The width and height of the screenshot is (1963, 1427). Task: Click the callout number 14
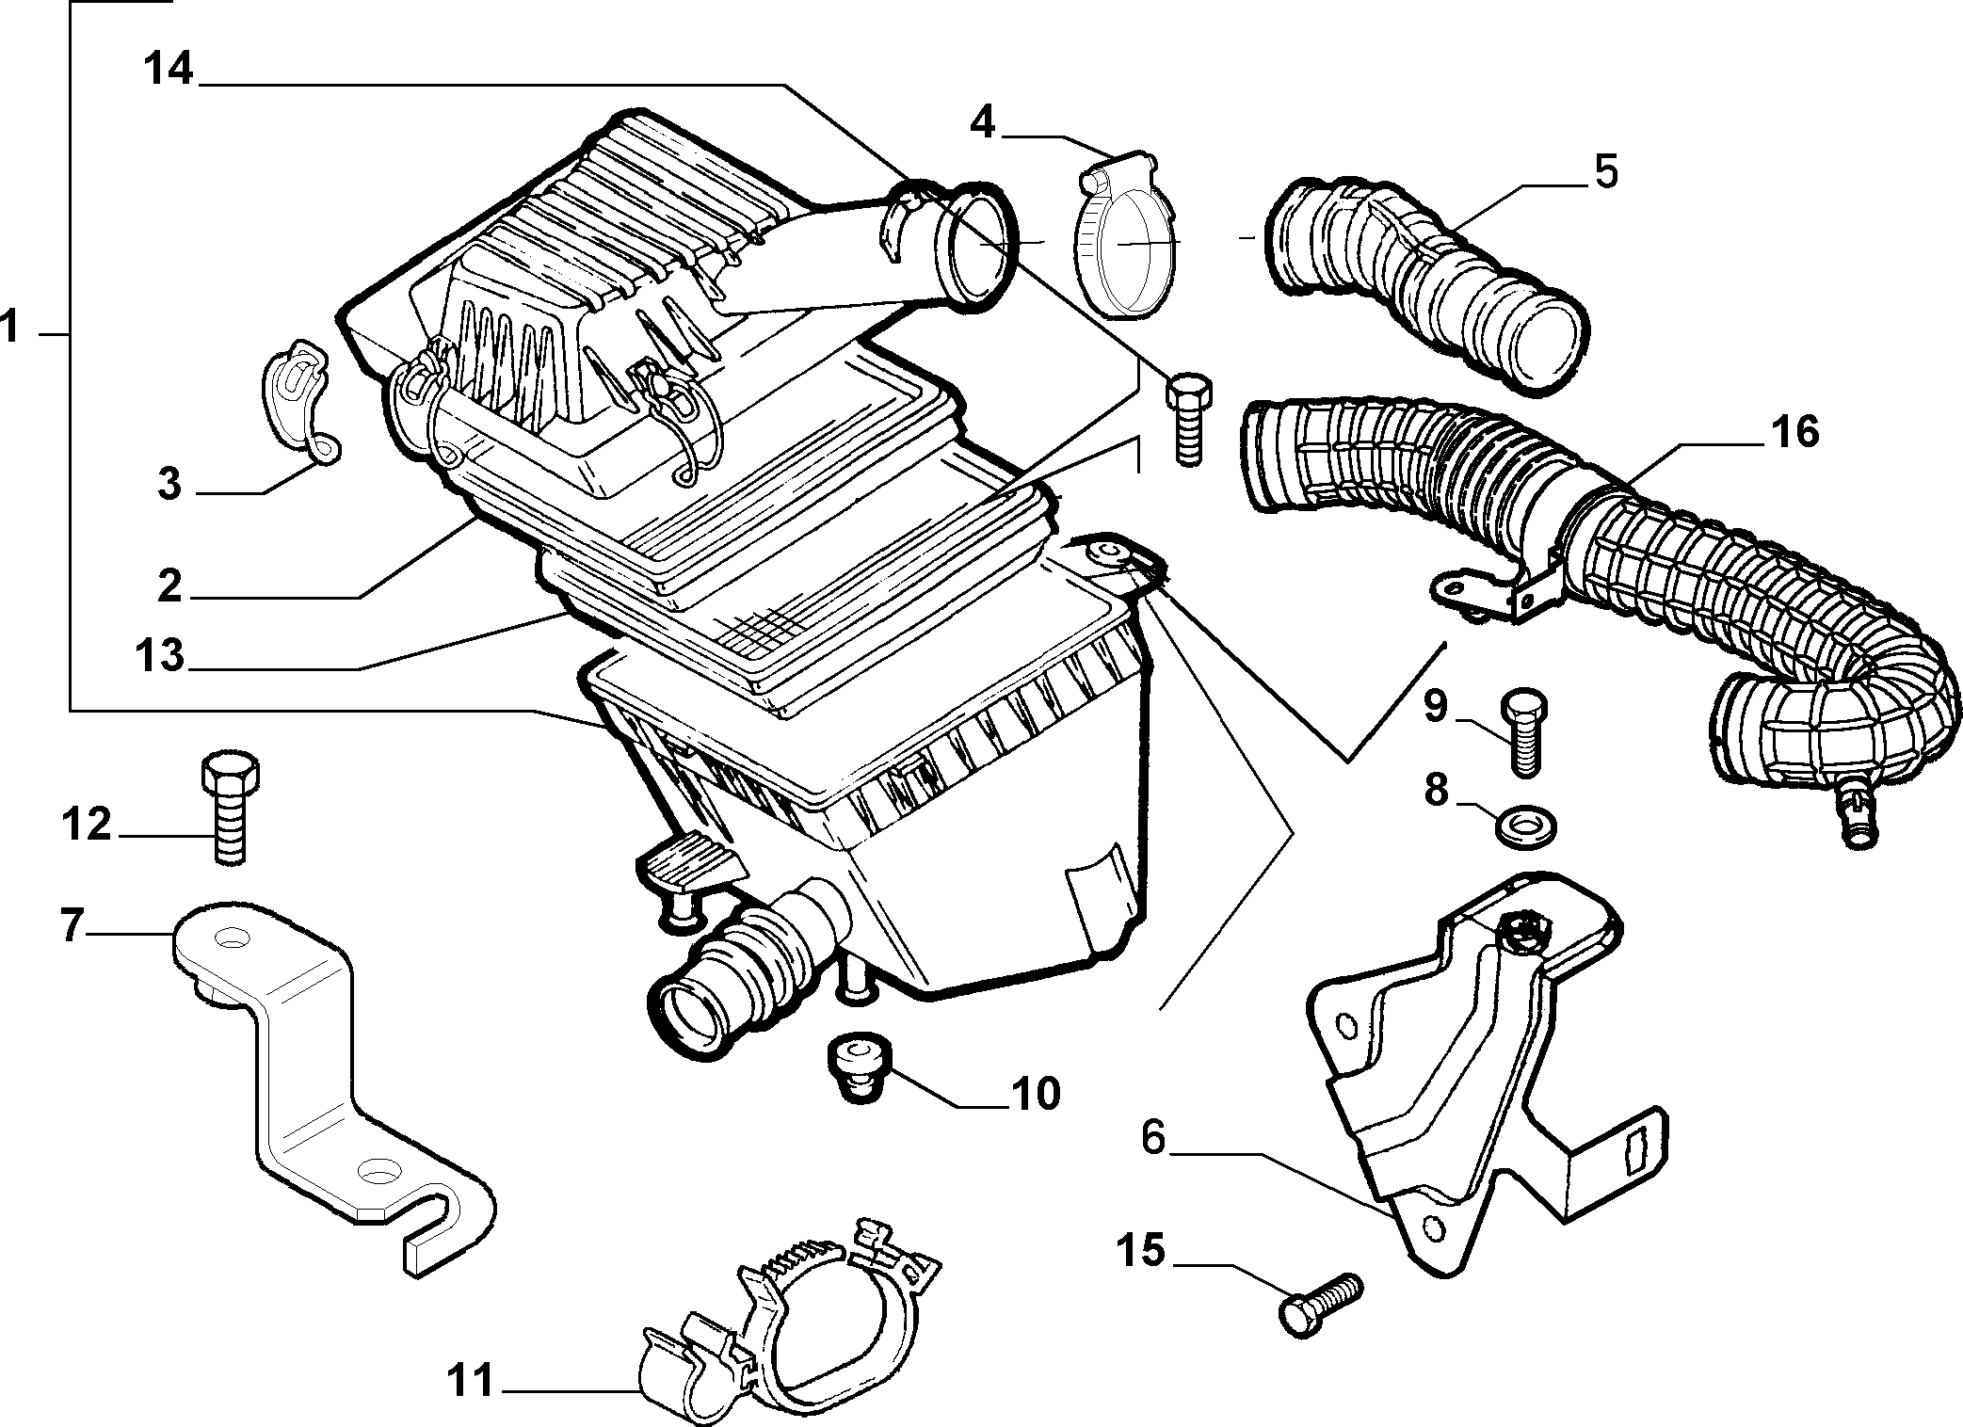[169, 71]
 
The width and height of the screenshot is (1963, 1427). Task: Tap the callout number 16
[1794, 432]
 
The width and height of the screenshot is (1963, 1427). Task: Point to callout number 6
[1153, 1137]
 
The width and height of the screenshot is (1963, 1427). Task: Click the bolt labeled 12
[230, 806]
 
